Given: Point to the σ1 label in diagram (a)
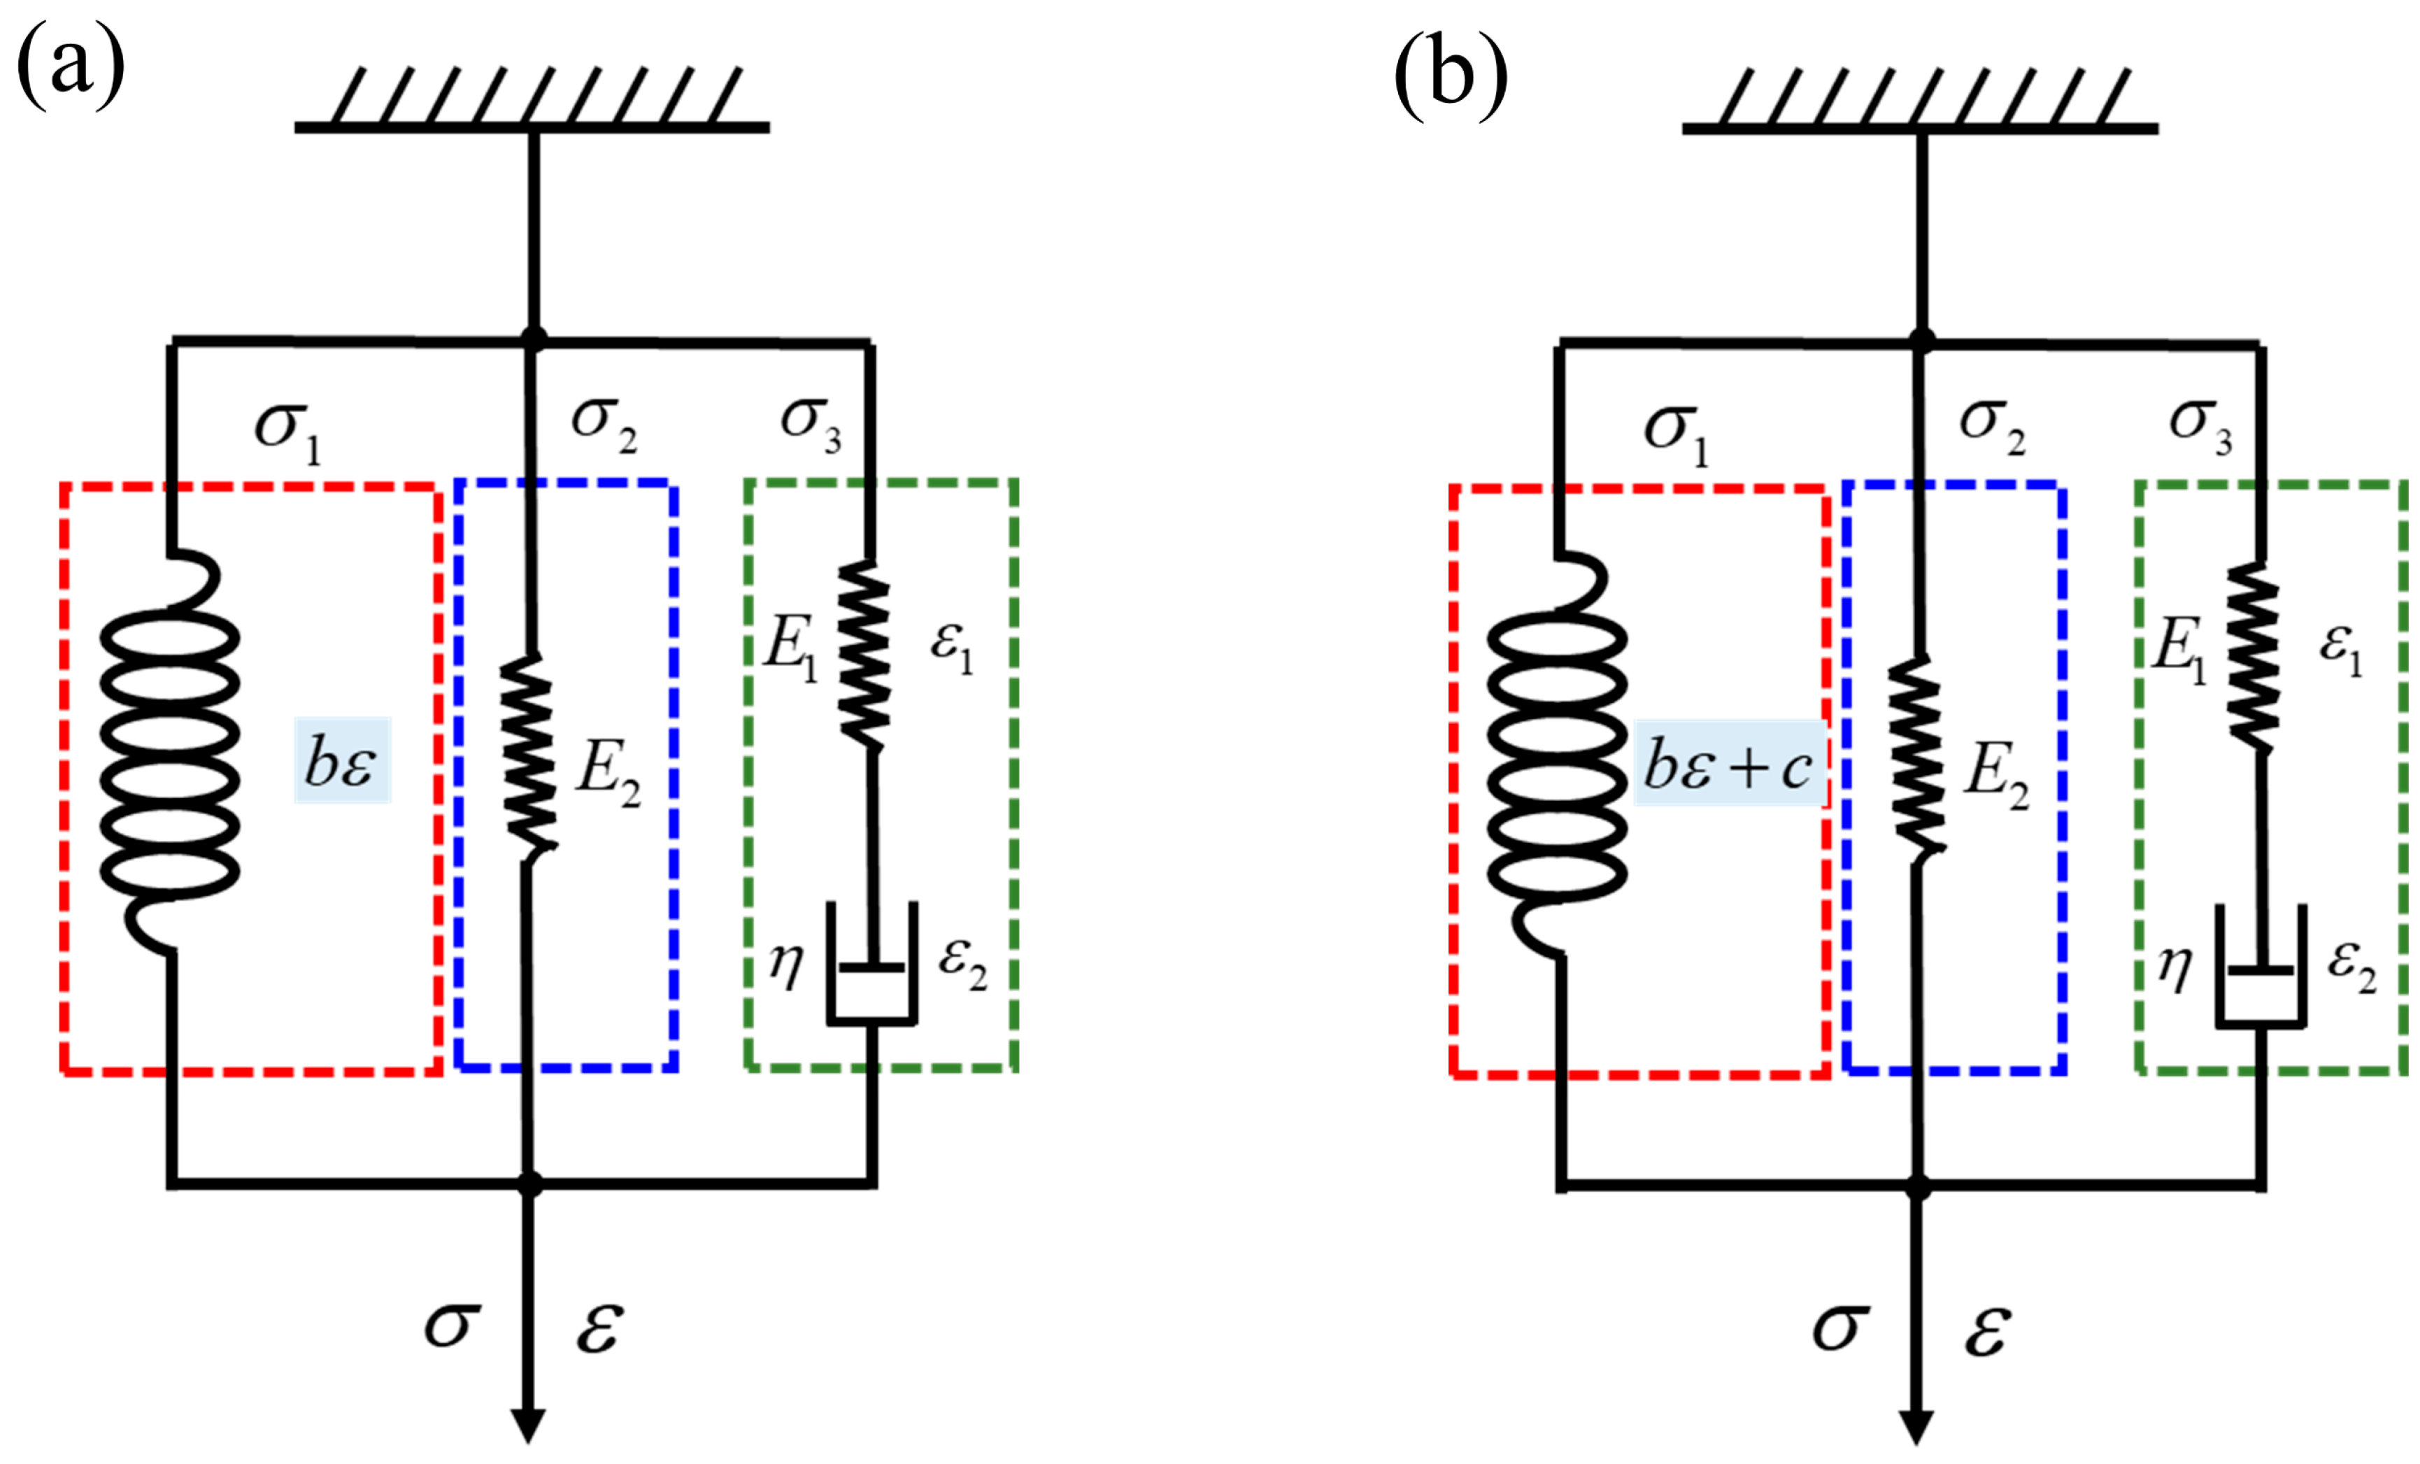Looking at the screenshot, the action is (287, 432).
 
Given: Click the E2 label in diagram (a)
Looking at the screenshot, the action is (609, 774).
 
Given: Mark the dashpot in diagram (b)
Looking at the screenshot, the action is (2260, 967).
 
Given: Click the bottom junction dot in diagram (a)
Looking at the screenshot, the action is (530, 1184).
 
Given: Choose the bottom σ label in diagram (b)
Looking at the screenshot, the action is (1839, 1328).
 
